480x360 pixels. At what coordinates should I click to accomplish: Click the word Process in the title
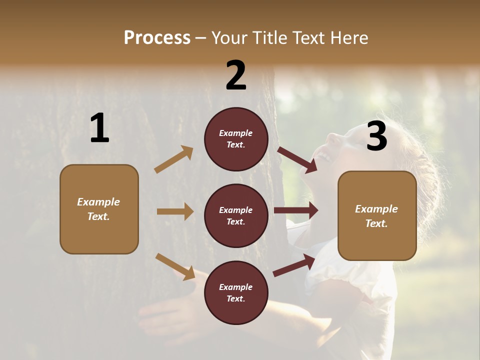point(157,37)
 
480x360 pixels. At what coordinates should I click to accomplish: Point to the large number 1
point(99,128)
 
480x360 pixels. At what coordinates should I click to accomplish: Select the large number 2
point(236,75)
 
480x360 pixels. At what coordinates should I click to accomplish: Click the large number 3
point(376,136)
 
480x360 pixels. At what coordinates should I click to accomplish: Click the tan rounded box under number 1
point(99,209)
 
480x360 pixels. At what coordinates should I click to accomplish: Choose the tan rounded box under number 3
point(377,216)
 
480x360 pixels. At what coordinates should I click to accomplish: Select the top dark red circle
point(236,139)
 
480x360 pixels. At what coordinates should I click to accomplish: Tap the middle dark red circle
point(236,215)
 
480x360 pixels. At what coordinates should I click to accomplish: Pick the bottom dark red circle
point(236,292)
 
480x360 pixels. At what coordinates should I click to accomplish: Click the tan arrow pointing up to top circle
point(174,159)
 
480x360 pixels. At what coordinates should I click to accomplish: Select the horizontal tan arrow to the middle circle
point(175,211)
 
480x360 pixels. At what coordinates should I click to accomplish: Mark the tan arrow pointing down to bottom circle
point(175,266)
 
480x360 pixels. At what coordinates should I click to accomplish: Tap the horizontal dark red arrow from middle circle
point(296,210)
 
